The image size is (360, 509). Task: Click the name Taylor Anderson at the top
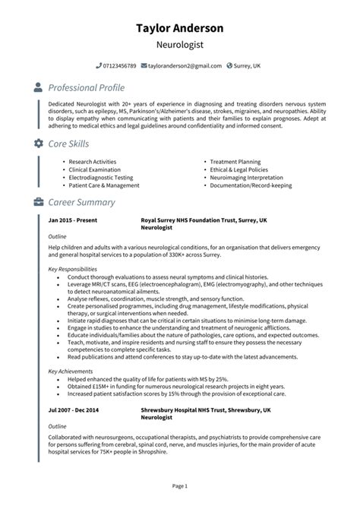pyautogui.click(x=180, y=28)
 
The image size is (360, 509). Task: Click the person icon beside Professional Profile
pyautogui.click(x=39, y=88)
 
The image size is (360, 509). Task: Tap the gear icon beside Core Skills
pyautogui.click(x=39, y=144)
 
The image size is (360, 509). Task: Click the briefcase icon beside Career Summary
pyautogui.click(x=39, y=203)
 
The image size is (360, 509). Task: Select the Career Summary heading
pyautogui.click(x=81, y=203)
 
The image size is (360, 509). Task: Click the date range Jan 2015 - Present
pyautogui.click(x=72, y=220)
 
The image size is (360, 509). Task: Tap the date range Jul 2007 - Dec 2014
pyautogui.click(x=74, y=409)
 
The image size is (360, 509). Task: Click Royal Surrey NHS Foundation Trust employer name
pyautogui.click(x=204, y=220)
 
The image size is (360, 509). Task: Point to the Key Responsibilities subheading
pyautogui.click(x=73, y=268)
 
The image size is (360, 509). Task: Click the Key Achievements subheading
pyautogui.click(x=69, y=371)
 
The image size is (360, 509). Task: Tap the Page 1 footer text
pyautogui.click(x=180, y=485)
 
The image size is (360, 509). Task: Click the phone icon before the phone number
pyautogui.click(x=99, y=66)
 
